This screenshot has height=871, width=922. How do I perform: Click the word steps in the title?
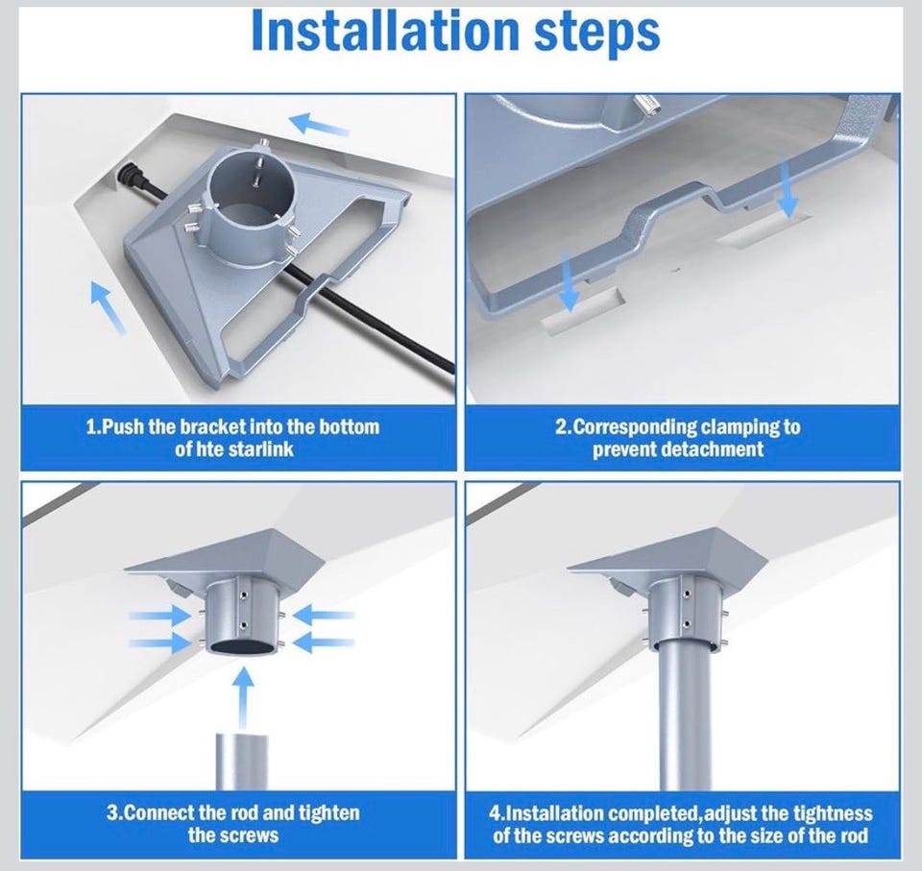tap(596, 35)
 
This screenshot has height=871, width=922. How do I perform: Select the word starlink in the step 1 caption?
tap(260, 449)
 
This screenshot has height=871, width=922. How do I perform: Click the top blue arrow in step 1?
tap(319, 124)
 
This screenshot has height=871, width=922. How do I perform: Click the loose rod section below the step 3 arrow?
tap(242, 762)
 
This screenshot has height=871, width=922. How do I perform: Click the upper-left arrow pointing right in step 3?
tap(160, 617)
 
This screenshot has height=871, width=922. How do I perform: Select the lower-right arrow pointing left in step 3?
tap(324, 641)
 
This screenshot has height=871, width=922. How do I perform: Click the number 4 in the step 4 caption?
tap(495, 813)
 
